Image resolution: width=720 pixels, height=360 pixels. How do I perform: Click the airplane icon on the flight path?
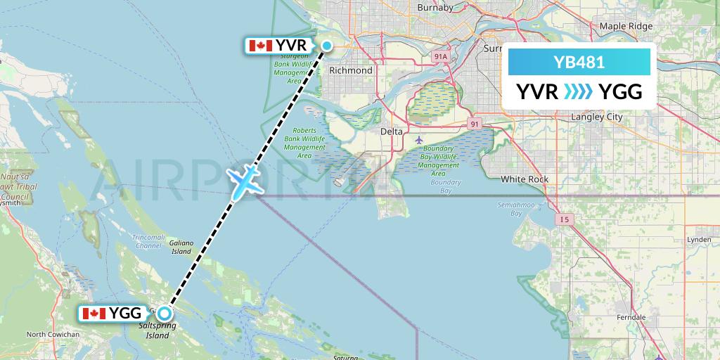coord(244,181)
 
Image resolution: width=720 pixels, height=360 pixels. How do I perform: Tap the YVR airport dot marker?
coord(328,46)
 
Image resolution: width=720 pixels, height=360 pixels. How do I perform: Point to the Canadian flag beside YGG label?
coord(94,314)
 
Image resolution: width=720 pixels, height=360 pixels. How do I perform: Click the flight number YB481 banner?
coord(579,63)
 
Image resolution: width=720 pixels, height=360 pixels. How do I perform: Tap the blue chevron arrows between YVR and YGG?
coord(579,91)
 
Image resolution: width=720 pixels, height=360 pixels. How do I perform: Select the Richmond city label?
coord(351,70)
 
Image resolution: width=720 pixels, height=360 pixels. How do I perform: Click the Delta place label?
coord(392,131)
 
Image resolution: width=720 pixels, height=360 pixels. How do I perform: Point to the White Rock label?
coord(524,179)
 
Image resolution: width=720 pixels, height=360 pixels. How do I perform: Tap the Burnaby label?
coord(435,7)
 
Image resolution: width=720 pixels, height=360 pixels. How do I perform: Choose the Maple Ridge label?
coord(626,26)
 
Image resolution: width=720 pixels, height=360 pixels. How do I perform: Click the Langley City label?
coord(597,117)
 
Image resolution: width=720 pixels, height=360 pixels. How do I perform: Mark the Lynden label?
coord(699,240)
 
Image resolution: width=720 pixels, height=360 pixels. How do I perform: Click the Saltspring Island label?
coord(154,331)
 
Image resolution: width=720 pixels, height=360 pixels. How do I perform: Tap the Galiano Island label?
coord(181,247)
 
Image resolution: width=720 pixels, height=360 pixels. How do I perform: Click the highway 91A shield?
coord(441,56)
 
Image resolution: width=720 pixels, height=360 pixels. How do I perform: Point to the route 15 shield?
coord(565,220)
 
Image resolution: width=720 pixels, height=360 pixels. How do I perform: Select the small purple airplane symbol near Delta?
coord(419,139)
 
